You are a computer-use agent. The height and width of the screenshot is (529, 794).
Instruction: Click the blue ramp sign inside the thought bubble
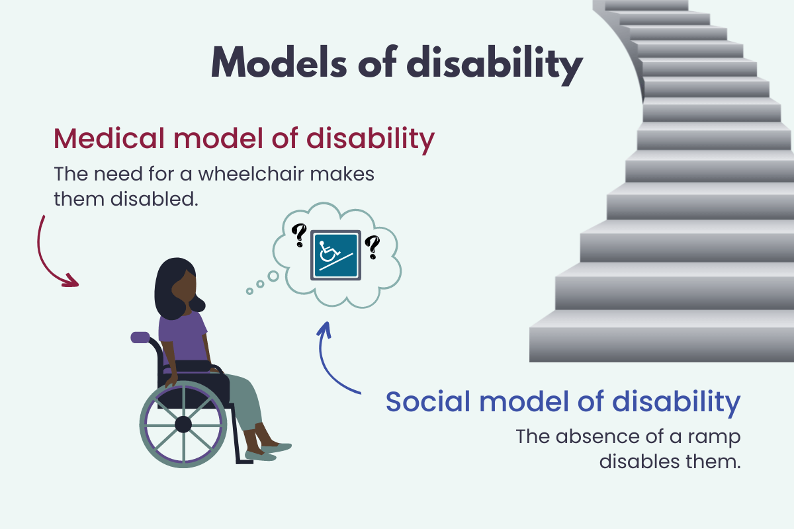click(335, 255)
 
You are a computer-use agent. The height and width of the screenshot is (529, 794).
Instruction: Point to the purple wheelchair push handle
click(140, 337)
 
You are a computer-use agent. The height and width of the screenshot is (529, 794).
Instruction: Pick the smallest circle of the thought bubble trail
click(249, 290)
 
